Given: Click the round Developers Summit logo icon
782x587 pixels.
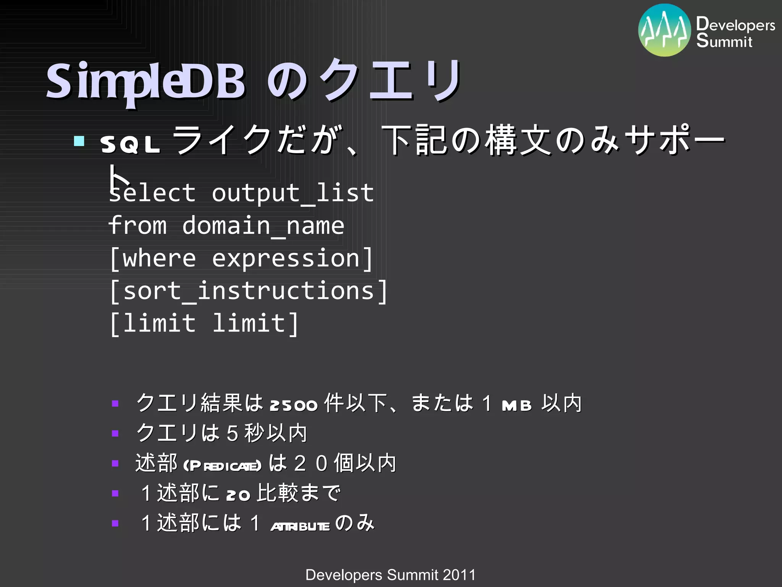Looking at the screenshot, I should coord(664,31).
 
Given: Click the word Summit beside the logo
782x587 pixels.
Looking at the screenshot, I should coord(724,41).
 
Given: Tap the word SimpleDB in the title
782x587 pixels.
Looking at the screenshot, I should coord(145,81).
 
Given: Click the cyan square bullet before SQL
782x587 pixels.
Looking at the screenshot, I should coord(79,141).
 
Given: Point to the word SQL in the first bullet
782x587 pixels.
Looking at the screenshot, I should coord(130,145).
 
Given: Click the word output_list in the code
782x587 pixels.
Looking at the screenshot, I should coord(292,193).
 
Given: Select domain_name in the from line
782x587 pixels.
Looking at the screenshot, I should coord(263,226).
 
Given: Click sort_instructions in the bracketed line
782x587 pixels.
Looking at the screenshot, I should coord(248,291).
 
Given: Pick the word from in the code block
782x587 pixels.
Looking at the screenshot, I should coord(137,225).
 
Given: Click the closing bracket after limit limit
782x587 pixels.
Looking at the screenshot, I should coord(293,324).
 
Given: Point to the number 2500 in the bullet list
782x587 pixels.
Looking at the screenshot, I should coord(293,405).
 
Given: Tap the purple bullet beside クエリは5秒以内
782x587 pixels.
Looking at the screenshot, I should coord(115,433).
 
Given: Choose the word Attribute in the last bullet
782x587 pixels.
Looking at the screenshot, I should coord(300,526).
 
